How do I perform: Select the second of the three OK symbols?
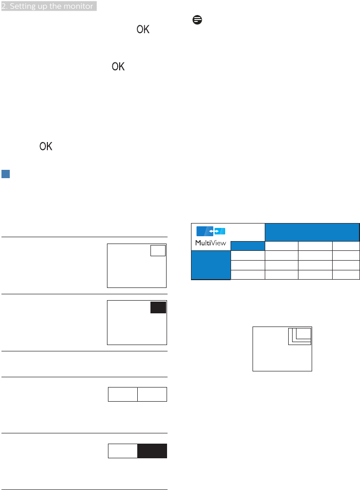click(118, 67)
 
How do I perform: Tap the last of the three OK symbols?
click(46, 146)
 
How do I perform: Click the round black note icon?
click(196, 20)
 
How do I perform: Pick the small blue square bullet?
click(6, 174)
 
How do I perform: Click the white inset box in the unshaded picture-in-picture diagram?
click(158, 250)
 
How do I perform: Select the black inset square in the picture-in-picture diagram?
click(158, 307)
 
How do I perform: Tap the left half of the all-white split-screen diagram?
click(122, 394)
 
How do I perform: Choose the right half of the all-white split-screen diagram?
click(152, 394)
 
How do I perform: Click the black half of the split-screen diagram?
click(152, 451)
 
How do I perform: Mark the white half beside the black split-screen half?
click(122, 451)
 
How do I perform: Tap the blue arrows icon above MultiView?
click(211, 231)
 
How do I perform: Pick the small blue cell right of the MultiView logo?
click(248, 245)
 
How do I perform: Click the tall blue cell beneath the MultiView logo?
click(210, 265)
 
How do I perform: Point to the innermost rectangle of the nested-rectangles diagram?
click(303, 333)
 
